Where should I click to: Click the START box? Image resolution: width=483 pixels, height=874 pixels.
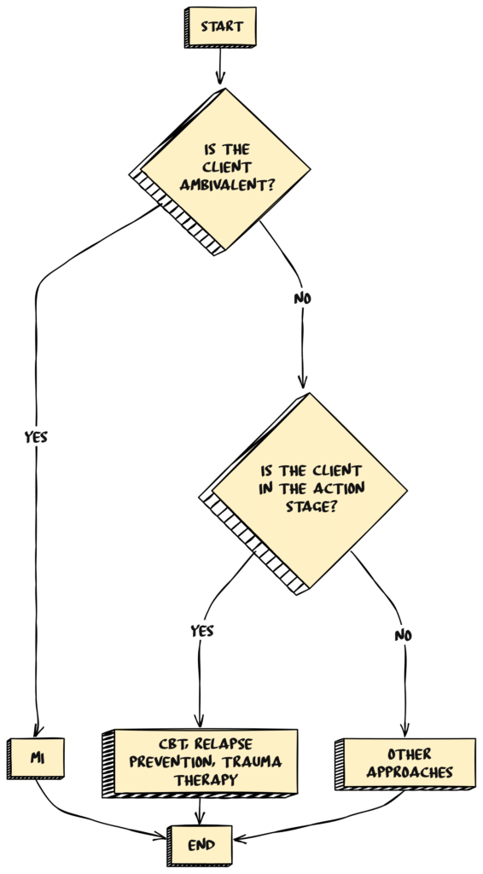[x=222, y=26]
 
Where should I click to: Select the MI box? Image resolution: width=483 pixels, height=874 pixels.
[x=38, y=757]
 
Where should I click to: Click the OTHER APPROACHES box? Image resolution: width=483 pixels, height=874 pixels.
[x=409, y=763]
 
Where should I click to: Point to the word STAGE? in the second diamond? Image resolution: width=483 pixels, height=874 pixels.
[x=306, y=506]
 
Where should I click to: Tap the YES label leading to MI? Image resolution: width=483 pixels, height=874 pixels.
[x=36, y=437]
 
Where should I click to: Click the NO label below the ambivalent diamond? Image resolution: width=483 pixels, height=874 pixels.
[x=302, y=300]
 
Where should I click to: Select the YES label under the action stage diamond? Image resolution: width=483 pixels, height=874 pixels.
[x=201, y=632]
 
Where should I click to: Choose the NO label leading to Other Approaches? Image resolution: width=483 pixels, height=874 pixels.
[x=404, y=635]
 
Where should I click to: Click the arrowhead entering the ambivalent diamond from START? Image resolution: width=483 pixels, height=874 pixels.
[x=221, y=80]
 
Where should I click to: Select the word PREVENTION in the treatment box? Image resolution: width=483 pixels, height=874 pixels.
[x=183, y=761]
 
